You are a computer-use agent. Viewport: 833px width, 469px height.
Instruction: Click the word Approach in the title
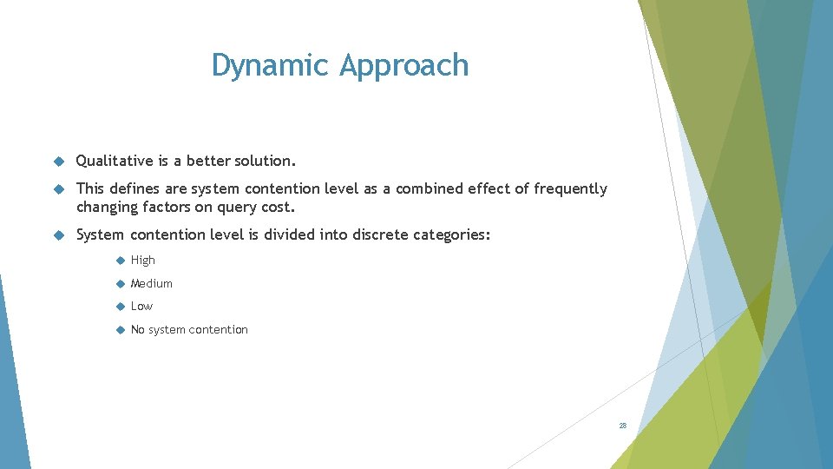coord(403,66)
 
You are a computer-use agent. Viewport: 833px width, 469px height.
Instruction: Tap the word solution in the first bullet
coord(266,161)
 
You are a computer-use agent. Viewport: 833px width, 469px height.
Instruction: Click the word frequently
coord(570,188)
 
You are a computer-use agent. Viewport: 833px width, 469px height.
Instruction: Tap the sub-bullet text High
coord(143,260)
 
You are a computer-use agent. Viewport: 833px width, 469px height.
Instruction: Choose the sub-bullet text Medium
coord(152,283)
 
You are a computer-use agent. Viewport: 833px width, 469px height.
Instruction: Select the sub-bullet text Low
coord(141,306)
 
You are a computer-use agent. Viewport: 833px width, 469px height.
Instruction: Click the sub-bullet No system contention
coord(189,329)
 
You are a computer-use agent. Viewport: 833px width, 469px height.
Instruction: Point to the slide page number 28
coord(622,426)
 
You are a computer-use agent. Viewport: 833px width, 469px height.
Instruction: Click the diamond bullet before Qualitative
coord(58,162)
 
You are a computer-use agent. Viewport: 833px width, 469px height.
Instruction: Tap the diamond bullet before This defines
coord(58,189)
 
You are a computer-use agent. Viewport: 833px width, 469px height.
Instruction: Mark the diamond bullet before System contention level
coord(58,235)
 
